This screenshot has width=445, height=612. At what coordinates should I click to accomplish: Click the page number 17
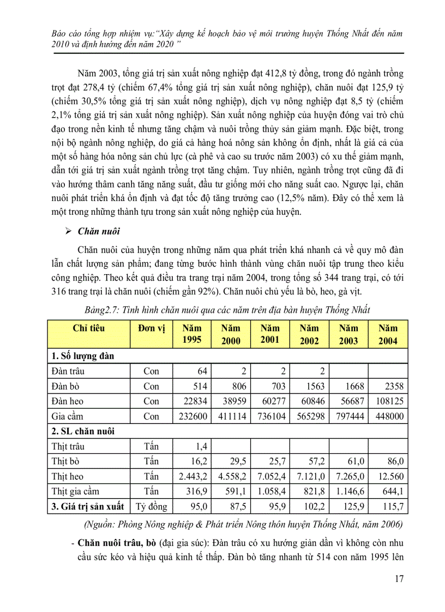coord(399,579)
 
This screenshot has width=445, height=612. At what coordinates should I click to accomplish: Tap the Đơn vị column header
coord(151,328)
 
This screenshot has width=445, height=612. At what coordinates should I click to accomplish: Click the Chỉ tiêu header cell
coord(88,328)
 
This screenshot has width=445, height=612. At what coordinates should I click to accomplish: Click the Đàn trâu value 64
coord(203,371)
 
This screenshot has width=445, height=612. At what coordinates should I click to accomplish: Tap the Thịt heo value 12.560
coord(389,476)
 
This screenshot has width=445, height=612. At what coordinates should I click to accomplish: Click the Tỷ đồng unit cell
coord(151,506)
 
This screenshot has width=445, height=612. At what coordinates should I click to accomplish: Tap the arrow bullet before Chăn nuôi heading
coord(68,231)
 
